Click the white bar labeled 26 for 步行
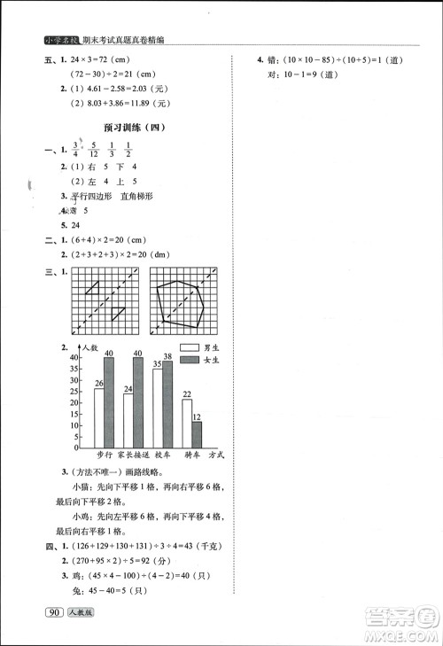[x=99, y=416]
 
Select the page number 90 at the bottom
[x=55, y=612]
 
